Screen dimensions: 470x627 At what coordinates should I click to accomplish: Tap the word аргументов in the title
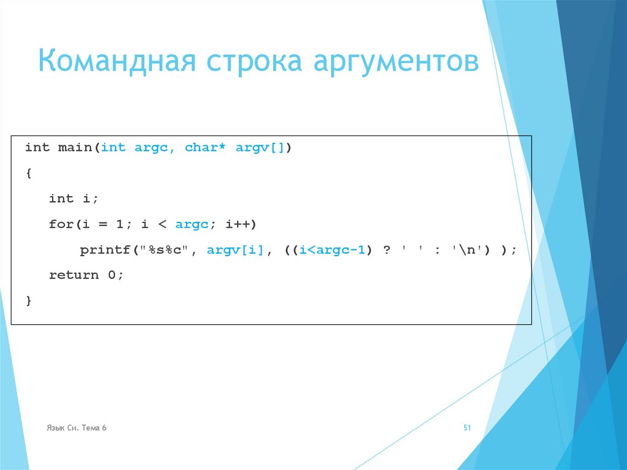[x=397, y=63]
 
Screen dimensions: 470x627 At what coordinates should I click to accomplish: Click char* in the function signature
[x=201, y=148]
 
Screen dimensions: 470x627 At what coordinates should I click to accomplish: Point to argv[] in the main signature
[x=260, y=148]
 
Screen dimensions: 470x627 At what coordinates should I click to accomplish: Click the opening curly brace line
[x=29, y=173]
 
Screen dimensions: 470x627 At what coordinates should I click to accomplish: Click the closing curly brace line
[x=29, y=300]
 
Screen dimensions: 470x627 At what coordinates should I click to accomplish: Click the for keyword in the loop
[x=60, y=224]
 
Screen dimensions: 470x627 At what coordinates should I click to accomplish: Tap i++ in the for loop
[x=237, y=224]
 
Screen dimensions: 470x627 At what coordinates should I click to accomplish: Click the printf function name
[x=102, y=250]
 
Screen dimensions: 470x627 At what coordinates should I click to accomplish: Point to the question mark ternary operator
[x=386, y=250]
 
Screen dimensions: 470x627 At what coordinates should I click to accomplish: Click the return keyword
[x=73, y=275]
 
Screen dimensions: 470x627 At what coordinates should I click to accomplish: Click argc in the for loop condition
[x=192, y=224]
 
